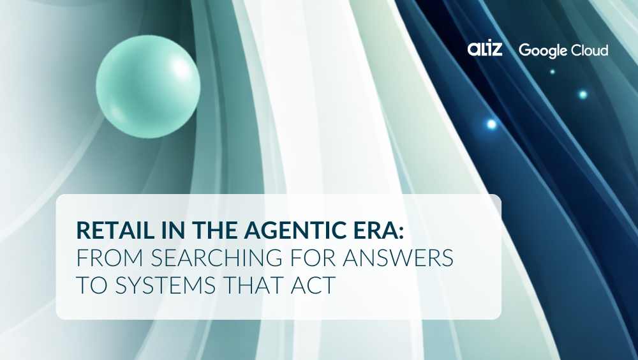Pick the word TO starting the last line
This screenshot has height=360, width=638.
90,285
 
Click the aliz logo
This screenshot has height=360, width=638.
485,49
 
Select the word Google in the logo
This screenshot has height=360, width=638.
542,50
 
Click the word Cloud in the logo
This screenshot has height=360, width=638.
589,49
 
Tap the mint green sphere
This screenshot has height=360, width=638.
148,86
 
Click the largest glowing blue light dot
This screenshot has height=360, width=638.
491,124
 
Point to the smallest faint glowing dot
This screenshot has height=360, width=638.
553,71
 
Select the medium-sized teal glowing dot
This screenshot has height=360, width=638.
582,94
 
